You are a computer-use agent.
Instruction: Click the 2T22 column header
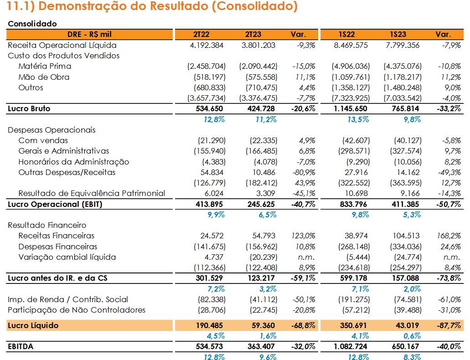pos(201,35)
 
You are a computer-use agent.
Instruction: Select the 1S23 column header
pos(398,35)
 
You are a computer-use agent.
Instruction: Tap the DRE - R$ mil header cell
pos(89,35)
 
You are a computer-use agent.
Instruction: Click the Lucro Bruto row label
pos(29,108)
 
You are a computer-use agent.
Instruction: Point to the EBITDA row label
pos(21,346)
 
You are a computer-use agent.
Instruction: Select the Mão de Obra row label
pos(44,77)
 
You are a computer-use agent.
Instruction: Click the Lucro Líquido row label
pos(33,325)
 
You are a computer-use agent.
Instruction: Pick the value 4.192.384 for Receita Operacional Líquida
pos(207,45)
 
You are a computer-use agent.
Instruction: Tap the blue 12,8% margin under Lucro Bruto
pos(214,119)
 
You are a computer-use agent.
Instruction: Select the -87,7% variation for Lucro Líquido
pos(449,325)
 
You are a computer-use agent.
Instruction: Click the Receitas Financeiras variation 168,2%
pos(449,236)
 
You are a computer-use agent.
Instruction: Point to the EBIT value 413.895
pos(209,205)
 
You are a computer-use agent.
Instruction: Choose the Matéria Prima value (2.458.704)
pos(207,66)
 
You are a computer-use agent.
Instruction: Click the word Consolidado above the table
pos(32,24)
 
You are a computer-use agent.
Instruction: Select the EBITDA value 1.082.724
pos(351,346)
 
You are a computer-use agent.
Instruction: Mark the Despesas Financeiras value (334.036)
pos(406,247)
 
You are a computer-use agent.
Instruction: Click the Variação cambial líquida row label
pos(67,257)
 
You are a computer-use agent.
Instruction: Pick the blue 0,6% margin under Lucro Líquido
pos(412,336)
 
